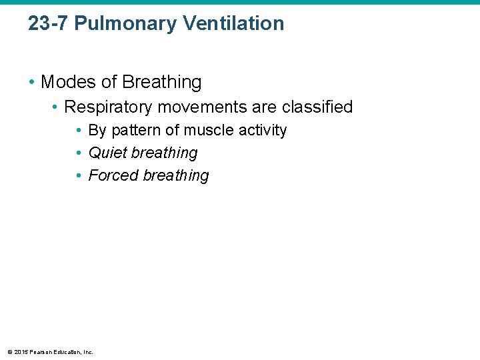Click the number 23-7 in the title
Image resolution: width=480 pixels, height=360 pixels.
tap(48, 23)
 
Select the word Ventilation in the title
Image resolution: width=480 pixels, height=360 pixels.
tap(233, 23)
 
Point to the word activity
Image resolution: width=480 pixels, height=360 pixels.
tap(263, 130)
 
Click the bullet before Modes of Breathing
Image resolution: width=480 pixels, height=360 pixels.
tap(31, 83)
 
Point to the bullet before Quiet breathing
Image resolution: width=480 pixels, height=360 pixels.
tap(79, 153)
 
